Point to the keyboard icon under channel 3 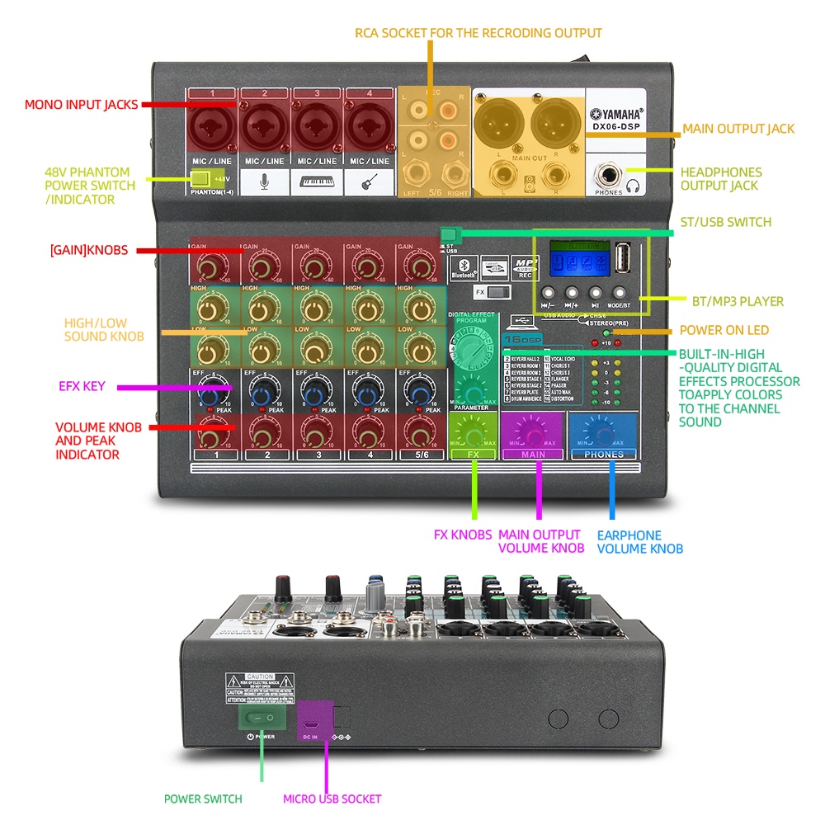[318, 181]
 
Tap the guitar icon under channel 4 [370, 181]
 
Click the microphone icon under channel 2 [265, 181]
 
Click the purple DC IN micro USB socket [313, 716]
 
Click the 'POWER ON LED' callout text [724, 330]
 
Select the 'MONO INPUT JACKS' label [81, 105]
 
